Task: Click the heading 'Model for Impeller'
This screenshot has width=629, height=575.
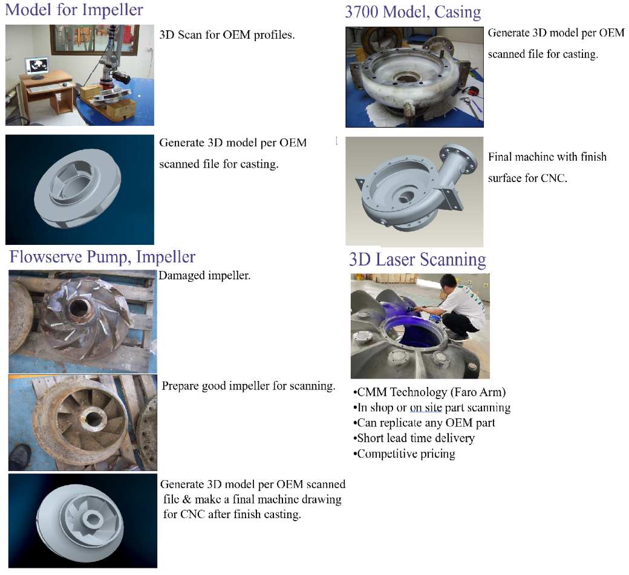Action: pos(74,10)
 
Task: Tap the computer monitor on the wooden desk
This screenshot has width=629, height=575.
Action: pos(37,67)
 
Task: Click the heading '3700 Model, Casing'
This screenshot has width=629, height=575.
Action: pos(412,12)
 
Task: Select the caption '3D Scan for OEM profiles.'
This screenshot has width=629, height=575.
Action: pos(227,35)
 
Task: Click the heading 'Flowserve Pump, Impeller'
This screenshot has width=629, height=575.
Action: pos(102,256)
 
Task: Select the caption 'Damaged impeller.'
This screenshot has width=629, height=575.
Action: pos(204,276)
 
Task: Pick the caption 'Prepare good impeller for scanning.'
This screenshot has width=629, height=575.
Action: pos(249,386)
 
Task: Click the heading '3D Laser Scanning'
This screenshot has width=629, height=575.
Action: pos(417,259)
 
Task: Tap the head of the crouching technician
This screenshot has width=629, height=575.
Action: pos(449,283)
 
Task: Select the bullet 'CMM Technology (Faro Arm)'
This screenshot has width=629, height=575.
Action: pos(429,392)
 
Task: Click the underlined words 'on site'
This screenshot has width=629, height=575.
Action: pos(426,408)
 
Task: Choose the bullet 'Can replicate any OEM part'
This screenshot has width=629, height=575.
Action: pos(425,423)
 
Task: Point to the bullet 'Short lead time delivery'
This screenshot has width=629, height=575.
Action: pos(414,438)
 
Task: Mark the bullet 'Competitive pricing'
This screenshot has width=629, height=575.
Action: pos(405,453)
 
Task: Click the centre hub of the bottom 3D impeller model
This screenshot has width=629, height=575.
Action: pos(93,519)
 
